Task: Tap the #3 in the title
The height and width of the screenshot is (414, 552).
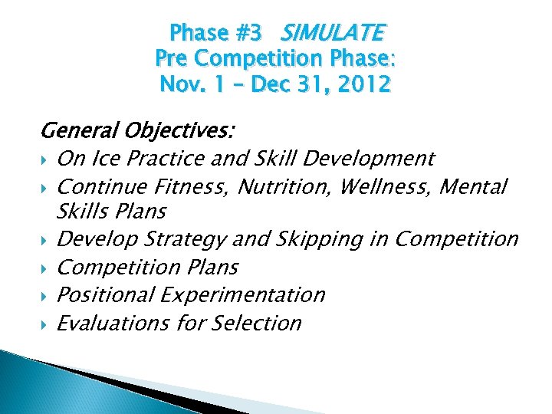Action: pos(244,33)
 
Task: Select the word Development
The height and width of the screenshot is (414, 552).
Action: pos(370,159)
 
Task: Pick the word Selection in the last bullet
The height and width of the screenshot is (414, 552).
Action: pos(255,323)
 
